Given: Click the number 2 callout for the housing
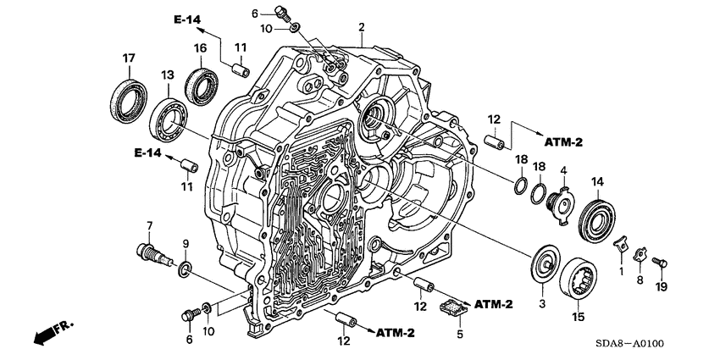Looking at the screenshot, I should pos(361,28).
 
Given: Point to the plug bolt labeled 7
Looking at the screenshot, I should pos(150,251).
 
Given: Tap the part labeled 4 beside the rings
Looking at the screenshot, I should pos(561,203).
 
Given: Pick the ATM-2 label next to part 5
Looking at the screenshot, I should pos(495,303).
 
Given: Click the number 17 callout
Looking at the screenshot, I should pos(129,58).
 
